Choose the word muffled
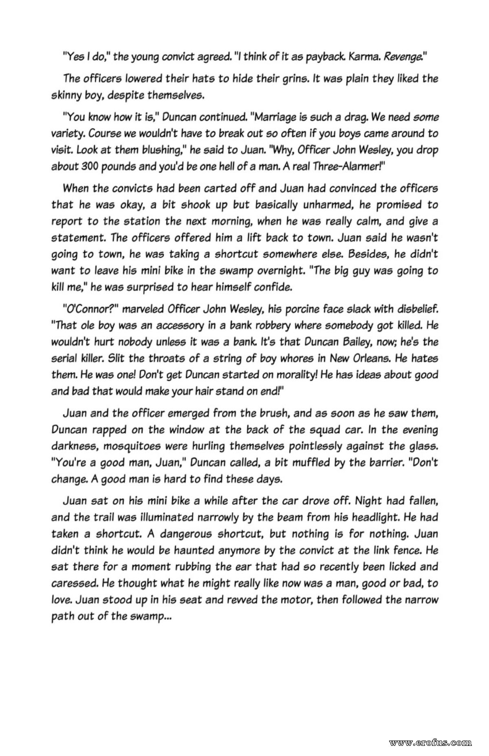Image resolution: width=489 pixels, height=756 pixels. point(318,463)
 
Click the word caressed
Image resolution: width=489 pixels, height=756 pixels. point(74,583)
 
